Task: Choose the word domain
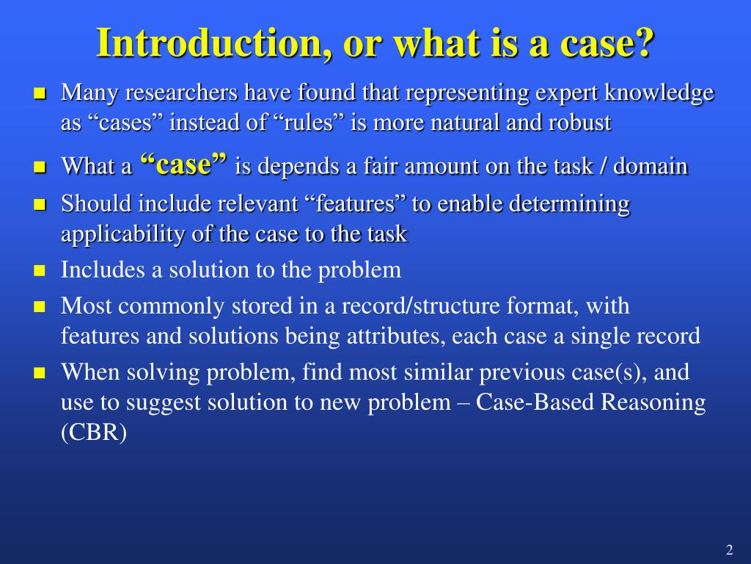651,166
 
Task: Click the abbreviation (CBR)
94,433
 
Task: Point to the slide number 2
729,551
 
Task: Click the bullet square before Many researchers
40,94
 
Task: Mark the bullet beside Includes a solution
40,271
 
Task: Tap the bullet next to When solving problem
40,373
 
